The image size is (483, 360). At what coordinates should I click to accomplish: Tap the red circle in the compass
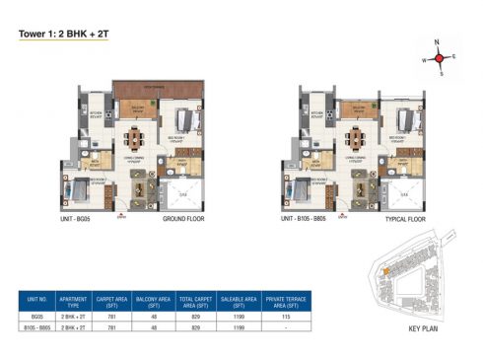(x=440, y=58)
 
